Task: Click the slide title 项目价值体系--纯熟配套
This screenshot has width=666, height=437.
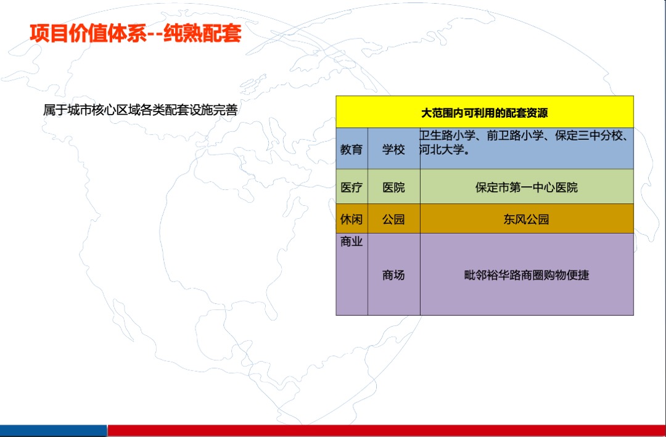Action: (x=136, y=33)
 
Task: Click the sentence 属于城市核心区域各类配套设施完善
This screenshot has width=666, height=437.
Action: (x=140, y=110)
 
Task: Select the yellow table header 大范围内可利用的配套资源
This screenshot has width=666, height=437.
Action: (x=484, y=113)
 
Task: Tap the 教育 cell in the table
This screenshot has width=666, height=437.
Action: (x=351, y=149)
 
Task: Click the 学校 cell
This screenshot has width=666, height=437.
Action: (x=393, y=149)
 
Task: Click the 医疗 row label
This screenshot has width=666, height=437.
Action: (x=351, y=187)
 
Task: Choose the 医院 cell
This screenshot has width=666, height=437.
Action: (x=393, y=187)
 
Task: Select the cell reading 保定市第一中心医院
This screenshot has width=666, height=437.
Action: (x=526, y=187)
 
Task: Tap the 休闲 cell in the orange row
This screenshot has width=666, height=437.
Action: (x=351, y=219)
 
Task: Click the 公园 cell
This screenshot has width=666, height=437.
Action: (x=393, y=219)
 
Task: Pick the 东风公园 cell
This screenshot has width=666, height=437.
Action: (x=526, y=219)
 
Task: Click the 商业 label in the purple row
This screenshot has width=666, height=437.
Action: (x=351, y=242)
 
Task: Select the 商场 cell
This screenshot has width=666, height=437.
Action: (x=393, y=275)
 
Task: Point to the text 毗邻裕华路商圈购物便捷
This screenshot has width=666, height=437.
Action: (x=526, y=275)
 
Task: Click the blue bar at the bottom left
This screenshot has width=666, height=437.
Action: (x=53, y=430)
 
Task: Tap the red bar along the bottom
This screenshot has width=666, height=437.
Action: (x=386, y=430)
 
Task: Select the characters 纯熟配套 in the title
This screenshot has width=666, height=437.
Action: (x=202, y=33)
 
